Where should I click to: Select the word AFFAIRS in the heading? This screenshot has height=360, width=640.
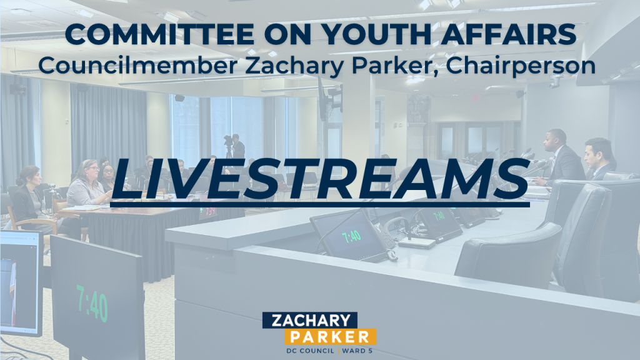pyautogui.click(x=509, y=34)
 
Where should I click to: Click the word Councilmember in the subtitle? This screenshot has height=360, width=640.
pyautogui.click(x=138, y=65)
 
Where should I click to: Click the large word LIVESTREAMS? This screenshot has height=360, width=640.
pyautogui.click(x=320, y=179)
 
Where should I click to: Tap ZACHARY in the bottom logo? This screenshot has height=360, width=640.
pyautogui.click(x=310, y=320)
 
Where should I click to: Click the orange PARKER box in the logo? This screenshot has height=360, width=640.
pyautogui.click(x=330, y=337)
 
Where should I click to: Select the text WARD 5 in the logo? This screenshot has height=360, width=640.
pyautogui.click(x=357, y=351)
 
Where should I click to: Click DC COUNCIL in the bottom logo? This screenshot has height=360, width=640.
pyautogui.click(x=310, y=351)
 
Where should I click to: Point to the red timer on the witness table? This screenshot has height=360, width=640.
pyautogui.click(x=207, y=212)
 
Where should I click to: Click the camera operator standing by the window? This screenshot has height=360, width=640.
pyautogui.click(x=237, y=146)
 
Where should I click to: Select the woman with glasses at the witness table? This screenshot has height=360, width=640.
pyautogui.click(x=87, y=183)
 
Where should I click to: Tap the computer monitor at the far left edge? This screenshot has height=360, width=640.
pyautogui.click(x=21, y=282)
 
